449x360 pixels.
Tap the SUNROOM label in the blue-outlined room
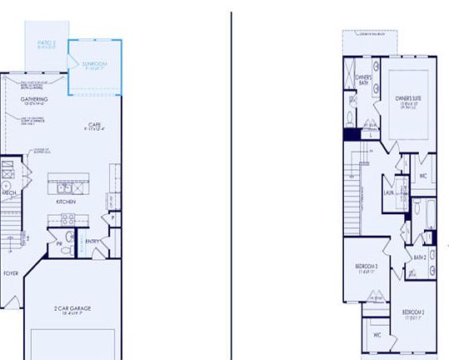pos(93,63)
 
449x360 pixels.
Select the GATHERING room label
pos(34,100)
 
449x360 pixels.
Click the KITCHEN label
pos(66,202)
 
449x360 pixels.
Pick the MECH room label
pos(9,192)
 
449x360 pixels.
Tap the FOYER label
pos(11,272)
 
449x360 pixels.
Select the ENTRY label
pos(92,242)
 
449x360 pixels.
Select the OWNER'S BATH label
pos(364,81)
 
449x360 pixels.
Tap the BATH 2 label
pos(420,257)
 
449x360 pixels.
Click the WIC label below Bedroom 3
pos(377,335)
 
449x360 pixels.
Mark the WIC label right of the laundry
pos(423,176)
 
